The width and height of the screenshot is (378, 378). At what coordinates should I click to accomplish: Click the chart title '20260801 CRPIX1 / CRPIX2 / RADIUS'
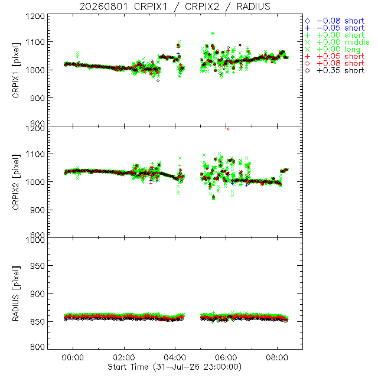[175, 6]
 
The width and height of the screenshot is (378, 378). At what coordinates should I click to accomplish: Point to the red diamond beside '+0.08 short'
[307, 63]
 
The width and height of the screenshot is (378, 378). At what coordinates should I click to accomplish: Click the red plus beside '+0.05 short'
[307, 57]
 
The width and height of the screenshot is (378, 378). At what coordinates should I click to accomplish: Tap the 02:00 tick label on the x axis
[124, 357]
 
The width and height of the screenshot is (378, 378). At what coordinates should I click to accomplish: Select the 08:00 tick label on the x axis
[277, 357]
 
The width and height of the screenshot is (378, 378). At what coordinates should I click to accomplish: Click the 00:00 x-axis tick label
[73, 357]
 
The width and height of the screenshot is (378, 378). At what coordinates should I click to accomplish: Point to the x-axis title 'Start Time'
[128, 367]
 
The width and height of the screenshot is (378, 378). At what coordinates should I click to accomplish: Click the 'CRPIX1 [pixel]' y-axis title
[16, 70]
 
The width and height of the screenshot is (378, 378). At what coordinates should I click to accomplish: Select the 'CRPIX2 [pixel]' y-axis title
[16, 182]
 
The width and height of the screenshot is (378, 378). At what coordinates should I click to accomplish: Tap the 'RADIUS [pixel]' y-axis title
[16, 294]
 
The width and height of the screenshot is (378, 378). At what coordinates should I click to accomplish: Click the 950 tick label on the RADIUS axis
[37, 266]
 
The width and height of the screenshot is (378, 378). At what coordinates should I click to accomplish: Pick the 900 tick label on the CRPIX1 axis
[37, 98]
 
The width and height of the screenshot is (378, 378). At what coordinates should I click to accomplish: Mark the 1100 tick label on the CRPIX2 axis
[35, 154]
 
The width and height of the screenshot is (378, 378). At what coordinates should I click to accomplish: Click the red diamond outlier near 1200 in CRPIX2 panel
[228, 129]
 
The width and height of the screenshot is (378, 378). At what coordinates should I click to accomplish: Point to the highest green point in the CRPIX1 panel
[213, 33]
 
